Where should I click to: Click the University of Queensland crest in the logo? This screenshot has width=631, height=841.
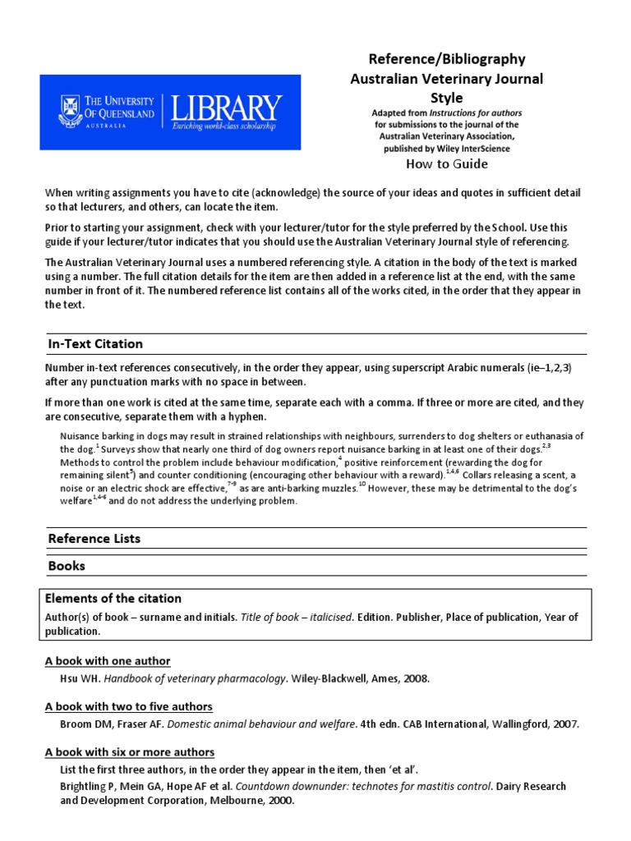68,111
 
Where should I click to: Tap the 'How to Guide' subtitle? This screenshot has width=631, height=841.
447,163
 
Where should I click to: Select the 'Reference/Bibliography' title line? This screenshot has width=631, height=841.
446,59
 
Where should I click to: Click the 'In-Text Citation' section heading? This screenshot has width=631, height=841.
95,344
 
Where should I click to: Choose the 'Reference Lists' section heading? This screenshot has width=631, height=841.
94,539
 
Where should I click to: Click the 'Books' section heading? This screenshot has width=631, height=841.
67,567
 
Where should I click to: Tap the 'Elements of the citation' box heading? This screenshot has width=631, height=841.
113,599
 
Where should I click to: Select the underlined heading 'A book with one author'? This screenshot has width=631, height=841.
108,661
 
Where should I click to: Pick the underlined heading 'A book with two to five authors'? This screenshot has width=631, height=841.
129,706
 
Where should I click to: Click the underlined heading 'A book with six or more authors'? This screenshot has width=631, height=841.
130,752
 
